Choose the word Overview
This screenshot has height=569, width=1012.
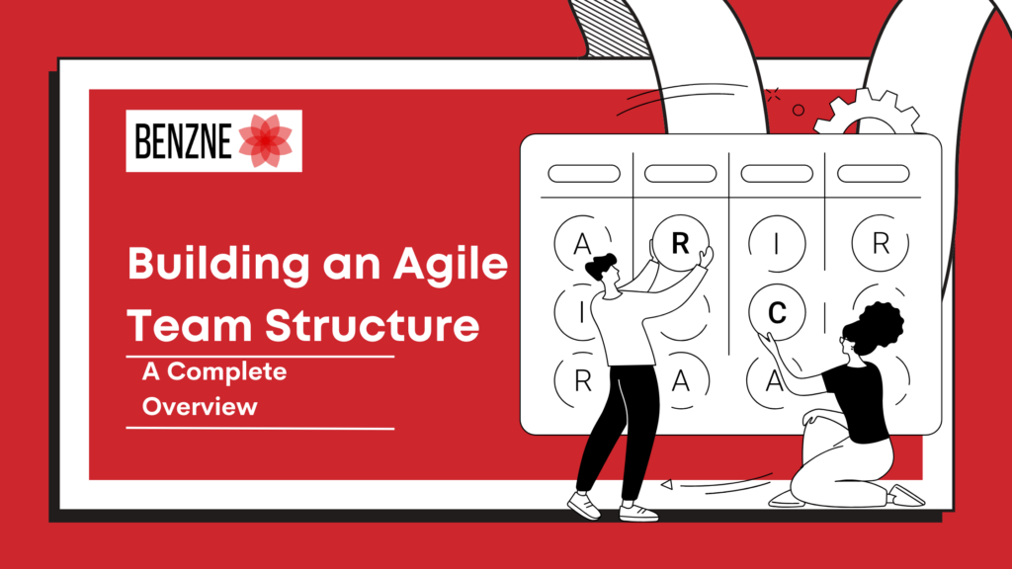[x=199, y=406]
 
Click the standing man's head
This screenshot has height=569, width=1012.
[x=603, y=270]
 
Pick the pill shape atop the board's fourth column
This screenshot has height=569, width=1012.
[x=873, y=173]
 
